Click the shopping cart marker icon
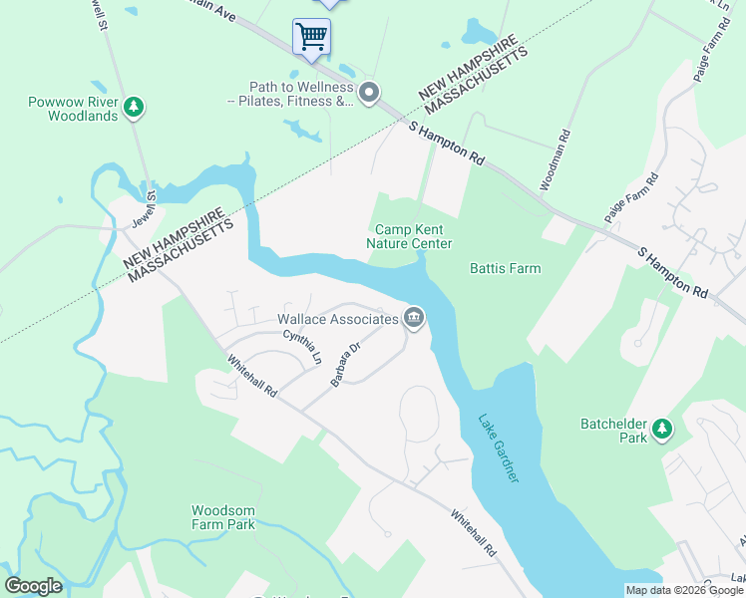(311, 37)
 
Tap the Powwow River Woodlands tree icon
(134, 105)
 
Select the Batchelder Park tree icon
(660, 430)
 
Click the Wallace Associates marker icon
(414, 319)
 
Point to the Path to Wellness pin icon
(369, 94)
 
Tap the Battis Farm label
(505, 268)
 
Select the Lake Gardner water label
(499, 448)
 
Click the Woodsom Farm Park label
(223, 516)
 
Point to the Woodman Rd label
(555, 159)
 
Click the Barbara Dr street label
(345, 366)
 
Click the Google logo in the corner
(34, 586)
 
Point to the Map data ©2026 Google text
(684, 590)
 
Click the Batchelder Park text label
(614, 431)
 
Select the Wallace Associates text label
(338, 319)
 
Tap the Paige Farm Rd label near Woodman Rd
(631, 198)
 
